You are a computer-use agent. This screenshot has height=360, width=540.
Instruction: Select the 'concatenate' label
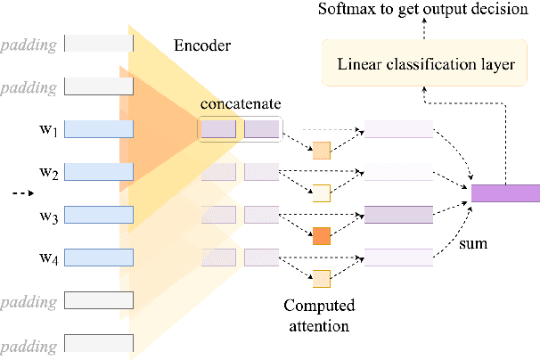pos(237,105)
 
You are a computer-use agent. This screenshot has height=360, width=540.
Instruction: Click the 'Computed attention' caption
pos(318,315)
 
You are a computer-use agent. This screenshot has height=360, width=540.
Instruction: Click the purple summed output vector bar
pos(505,193)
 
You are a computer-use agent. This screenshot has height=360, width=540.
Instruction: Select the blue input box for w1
pos(99,129)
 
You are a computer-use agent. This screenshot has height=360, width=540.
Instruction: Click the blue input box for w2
pos(99,172)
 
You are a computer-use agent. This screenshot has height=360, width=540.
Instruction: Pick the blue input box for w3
pos(99,215)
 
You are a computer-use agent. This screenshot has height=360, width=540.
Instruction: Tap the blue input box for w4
pos(99,258)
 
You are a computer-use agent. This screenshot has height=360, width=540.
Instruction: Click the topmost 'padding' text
pos(29,43)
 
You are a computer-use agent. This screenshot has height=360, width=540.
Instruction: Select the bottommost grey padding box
pos(99,343)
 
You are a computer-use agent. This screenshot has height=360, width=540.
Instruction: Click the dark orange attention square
pos(321,236)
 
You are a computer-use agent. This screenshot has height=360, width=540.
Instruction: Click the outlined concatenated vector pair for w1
pos(238,129)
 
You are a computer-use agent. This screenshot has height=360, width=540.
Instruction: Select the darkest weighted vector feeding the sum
pos(399,215)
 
